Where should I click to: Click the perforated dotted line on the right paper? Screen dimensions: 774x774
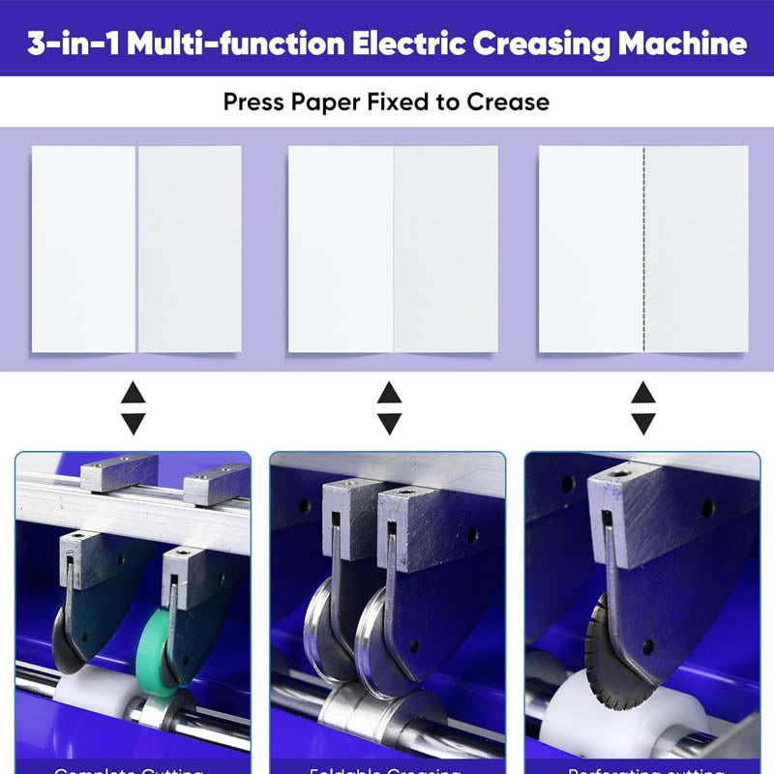[643, 249]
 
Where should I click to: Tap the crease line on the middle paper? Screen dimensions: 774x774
[393, 249]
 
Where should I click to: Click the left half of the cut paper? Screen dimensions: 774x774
[83, 249]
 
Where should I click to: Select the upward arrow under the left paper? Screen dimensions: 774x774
[133, 393]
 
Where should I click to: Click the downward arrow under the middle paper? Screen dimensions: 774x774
[389, 423]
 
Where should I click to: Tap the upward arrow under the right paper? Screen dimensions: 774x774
[643, 393]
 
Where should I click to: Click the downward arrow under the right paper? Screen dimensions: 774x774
[643, 423]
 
